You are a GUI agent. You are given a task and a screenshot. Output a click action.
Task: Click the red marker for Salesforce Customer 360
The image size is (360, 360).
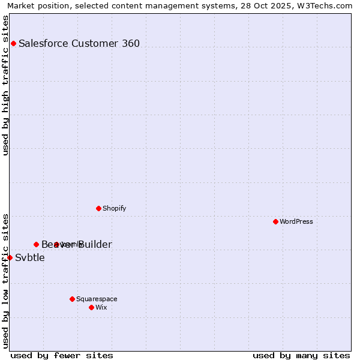pyautogui.click(x=13, y=43)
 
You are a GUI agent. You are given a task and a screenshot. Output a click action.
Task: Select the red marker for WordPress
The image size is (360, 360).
pyautogui.click(x=275, y=221)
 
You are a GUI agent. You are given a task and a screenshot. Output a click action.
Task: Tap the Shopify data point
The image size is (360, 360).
pyautogui.click(x=98, y=208)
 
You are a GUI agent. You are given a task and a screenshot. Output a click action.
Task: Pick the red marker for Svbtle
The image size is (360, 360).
pyautogui.click(x=10, y=257)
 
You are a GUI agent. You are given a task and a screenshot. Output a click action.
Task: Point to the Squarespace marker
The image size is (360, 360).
pyautogui.click(x=72, y=299)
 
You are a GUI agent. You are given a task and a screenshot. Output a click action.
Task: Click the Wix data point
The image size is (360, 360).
pyautogui.click(x=91, y=307)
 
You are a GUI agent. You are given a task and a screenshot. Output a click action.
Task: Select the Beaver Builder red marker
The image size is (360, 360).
pyautogui.click(x=36, y=244)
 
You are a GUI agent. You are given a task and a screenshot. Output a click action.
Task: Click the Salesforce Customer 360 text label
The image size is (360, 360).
pyautogui.click(x=79, y=43)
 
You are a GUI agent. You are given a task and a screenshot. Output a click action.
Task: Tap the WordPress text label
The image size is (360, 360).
pyautogui.click(x=296, y=221)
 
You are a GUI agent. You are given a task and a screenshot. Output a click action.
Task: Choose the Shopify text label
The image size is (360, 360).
pyautogui.click(x=115, y=208)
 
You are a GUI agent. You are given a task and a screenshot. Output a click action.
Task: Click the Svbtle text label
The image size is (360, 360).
pyautogui.click(x=30, y=258)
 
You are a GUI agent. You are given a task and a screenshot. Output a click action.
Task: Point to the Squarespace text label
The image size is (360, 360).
pyautogui.click(x=97, y=299)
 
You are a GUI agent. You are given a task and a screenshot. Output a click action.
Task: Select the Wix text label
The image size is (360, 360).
pyautogui.click(x=101, y=307)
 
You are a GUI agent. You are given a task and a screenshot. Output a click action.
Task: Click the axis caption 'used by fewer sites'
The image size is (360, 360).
pyautogui.click(x=62, y=355)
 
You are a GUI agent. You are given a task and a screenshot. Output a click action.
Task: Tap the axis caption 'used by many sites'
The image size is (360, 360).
pyautogui.click(x=301, y=355)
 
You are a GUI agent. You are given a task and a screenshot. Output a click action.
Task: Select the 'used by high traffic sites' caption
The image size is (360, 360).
pyautogui.click(x=6, y=85)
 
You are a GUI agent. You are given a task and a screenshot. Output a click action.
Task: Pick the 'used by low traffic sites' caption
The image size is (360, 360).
pyautogui.click(x=6, y=280)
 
